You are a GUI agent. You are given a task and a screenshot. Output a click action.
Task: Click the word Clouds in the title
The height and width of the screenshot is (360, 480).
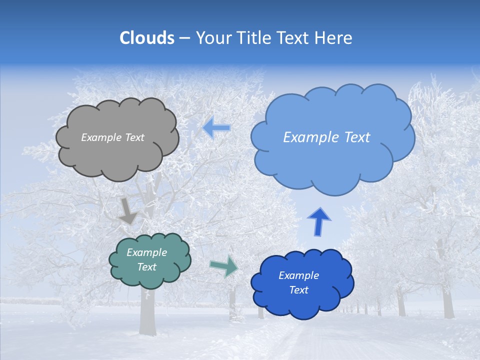[x=147, y=38]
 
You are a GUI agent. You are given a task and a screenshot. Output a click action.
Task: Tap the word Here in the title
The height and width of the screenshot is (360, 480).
[x=333, y=38]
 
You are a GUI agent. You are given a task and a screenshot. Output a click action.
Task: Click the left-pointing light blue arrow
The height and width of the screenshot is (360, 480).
[x=216, y=128]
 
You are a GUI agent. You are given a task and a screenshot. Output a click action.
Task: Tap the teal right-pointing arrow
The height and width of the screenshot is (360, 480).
[x=223, y=266]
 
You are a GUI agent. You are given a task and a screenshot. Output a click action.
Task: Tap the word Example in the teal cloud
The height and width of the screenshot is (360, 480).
[x=146, y=252]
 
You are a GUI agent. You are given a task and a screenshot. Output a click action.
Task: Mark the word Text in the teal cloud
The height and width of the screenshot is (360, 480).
[x=147, y=267]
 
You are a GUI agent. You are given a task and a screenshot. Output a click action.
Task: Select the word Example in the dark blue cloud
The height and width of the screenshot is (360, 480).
[x=298, y=275]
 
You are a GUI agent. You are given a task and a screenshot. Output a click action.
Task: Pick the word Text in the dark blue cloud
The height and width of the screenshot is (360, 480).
[x=299, y=290]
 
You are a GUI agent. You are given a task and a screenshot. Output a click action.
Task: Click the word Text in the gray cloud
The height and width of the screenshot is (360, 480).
[x=134, y=137]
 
